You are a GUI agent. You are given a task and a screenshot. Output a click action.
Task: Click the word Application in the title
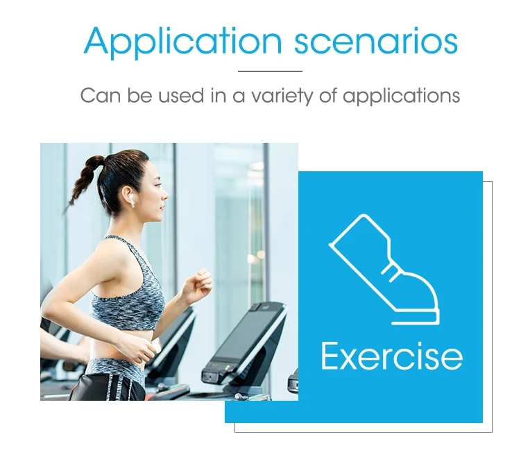[182, 42]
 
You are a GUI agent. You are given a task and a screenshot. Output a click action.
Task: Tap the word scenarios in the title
[376, 42]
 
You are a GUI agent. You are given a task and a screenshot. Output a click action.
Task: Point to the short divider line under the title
[270, 71]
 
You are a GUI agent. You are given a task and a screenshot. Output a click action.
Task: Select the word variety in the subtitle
[282, 96]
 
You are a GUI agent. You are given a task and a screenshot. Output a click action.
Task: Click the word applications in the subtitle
[402, 96]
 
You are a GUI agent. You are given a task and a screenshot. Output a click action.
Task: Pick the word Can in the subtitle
[101, 96]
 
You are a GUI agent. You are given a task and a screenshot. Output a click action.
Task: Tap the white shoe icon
[384, 269]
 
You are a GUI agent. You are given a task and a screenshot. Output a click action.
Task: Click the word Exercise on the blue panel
[392, 356]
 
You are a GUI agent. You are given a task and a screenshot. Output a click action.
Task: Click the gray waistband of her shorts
[116, 369]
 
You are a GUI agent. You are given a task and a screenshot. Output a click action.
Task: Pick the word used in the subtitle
[181, 96]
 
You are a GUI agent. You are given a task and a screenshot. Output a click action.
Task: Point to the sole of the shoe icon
[416, 318]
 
